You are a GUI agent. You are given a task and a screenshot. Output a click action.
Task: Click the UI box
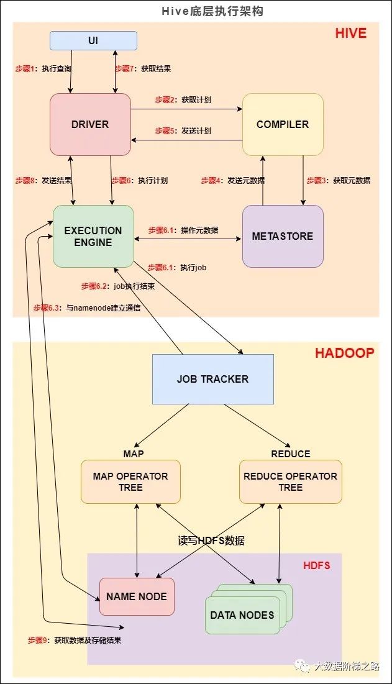point(93,40)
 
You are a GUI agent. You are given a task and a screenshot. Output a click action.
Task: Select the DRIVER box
point(90,124)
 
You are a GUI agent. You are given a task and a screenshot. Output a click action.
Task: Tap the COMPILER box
point(283,124)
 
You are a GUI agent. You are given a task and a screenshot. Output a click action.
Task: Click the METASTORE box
point(283,236)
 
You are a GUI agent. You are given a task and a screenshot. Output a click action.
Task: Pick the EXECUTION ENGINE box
point(93,236)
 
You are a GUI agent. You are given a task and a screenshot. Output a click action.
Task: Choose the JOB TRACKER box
point(212,379)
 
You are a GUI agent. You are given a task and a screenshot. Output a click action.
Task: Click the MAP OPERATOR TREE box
point(130,481)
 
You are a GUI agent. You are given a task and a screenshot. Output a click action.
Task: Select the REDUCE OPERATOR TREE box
point(290,481)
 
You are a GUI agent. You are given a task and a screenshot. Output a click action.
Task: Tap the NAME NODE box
point(137,596)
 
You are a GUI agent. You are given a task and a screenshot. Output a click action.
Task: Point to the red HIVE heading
point(351,33)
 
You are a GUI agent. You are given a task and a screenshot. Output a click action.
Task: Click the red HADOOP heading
point(344,353)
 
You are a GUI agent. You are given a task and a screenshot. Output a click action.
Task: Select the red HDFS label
point(316,565)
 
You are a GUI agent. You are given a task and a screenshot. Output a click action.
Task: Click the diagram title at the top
point(196,11)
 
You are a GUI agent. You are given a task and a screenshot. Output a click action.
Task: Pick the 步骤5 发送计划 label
point(183,131)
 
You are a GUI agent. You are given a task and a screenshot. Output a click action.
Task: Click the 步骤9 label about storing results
point(74,640)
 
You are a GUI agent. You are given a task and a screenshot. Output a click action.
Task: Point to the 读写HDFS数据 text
point(211,540)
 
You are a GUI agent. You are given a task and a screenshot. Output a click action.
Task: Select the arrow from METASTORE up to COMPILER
point(263,180)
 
